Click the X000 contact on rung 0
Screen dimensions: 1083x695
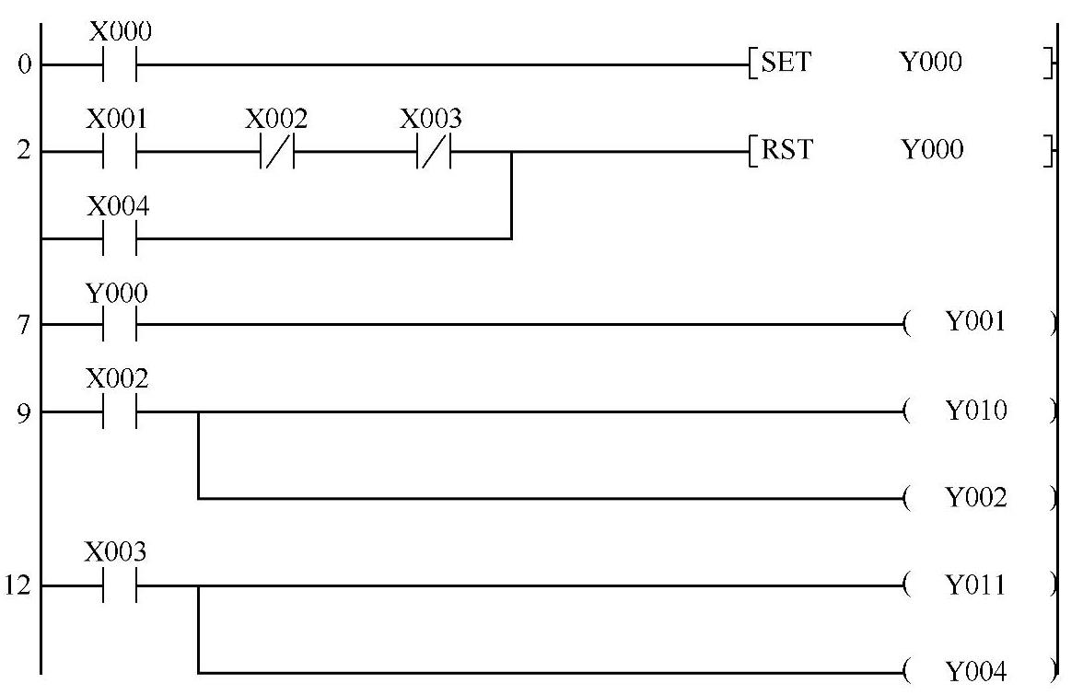coord(120,65)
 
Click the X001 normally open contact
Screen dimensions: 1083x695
coord(120,152)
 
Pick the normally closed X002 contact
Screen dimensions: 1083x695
coord(277,152)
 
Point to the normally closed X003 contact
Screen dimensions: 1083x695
coord(433,152)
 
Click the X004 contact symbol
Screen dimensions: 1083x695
coord(120,238)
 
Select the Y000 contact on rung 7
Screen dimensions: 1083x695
coord(120,325)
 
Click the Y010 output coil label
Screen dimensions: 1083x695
coord(977,411)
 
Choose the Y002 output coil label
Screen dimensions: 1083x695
coord(977,499)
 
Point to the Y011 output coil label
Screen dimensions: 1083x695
coord(977,585)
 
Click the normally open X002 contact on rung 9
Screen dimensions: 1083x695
coord(120,411)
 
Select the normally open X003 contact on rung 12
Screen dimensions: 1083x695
coord(120,585)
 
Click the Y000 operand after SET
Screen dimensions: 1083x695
coord(931,64)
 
